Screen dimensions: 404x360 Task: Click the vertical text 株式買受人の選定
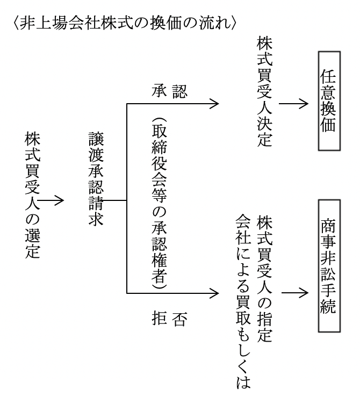pyautogui.click(x=32, y=196)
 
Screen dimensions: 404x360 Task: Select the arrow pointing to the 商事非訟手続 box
pyautogui.click(x=293, y=294)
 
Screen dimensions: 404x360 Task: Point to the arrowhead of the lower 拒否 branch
pyautogui.click(x=215, y=294)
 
